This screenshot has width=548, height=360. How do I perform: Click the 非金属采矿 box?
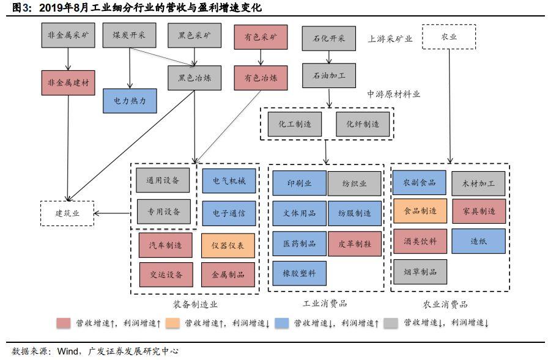tap(68, 36)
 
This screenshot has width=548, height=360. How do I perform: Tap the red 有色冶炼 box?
tap(261, 78)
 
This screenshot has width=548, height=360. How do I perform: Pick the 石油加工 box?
tap(329, 76)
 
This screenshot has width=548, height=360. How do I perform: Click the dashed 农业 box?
tap(449, 37)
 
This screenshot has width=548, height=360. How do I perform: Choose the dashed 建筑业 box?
tap(67, 213)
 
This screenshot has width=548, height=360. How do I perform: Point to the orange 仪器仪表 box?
tap(228, 245)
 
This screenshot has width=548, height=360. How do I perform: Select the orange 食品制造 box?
tap(420, 211)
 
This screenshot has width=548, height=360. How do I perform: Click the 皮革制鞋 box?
tap(354, 243)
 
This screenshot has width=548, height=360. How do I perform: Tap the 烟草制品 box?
tap(420, 271)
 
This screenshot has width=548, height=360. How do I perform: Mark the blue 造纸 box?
tap(478, 241)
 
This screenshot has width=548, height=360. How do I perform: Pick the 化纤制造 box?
tap(362, 124)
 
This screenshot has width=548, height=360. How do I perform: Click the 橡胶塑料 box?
tap(299, 273)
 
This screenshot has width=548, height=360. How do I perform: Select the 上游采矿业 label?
tap(390, 39)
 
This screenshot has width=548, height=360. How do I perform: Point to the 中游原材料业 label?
tap(393, 94)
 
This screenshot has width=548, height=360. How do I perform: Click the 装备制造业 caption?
tap(196, 304)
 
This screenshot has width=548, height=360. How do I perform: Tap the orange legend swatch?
tap(172, 323)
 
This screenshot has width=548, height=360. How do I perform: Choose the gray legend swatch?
tap(391, 323)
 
